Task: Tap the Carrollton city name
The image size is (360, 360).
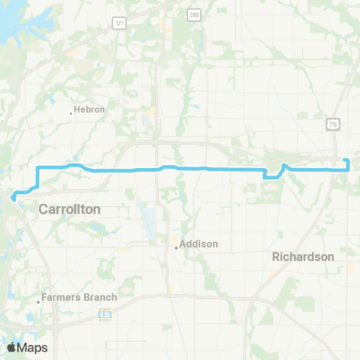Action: (69, 210)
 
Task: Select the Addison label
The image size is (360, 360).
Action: (199, 244)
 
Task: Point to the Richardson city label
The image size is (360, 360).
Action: (303, 256)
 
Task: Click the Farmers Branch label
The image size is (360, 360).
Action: (79, 298)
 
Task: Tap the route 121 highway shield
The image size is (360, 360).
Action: (119, 23)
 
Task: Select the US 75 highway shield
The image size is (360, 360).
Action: (333, 124)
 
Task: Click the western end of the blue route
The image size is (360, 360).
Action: (13, 198)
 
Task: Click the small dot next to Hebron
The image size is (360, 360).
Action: (72, 113)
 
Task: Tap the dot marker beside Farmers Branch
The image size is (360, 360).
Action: (38, 302)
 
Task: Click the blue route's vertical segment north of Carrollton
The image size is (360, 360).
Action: (37, 176)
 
